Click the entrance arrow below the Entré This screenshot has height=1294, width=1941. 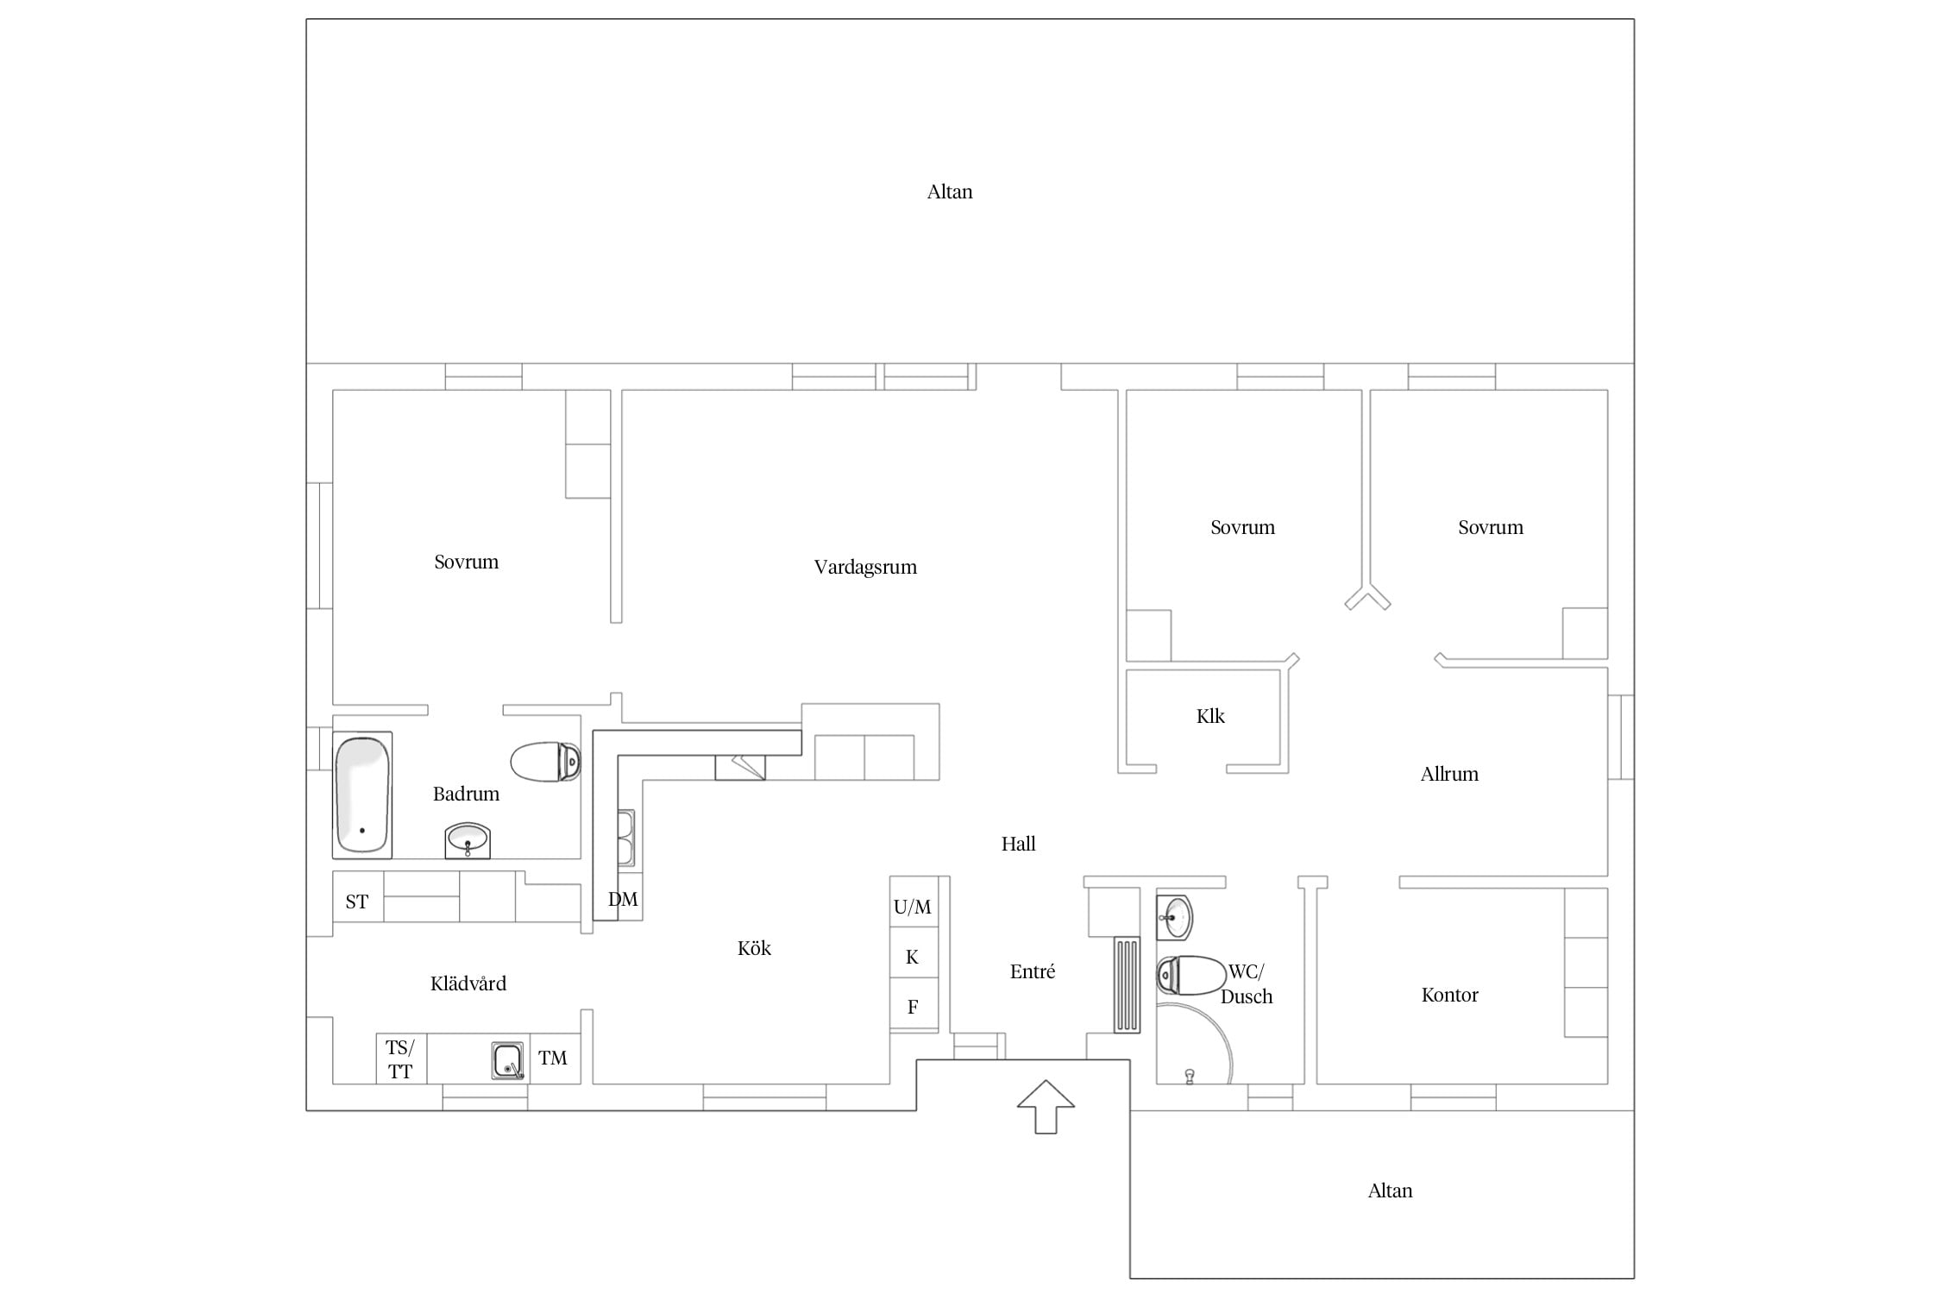(1046, 1106)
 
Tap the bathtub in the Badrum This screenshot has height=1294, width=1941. (362, 795)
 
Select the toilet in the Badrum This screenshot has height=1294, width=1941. (545, 762)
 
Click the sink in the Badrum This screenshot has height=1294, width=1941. (468, 840)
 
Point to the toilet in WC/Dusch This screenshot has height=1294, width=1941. (1190, 975)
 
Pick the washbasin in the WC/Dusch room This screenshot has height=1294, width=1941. (1175, 917)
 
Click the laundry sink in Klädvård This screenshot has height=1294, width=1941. (507, 1060)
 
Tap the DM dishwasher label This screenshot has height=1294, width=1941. (623, 900)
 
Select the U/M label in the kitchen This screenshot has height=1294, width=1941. (913, 907)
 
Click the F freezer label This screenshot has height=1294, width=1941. (913, 1007)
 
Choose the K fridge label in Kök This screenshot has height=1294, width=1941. (912, 957)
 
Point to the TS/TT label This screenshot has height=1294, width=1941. (400, 1059)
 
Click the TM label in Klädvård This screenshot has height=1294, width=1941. (553, 1058)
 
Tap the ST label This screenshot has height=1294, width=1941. (357, 902)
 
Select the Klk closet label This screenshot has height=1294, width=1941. (1210, 716)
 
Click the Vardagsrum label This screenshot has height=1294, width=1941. (865, 568)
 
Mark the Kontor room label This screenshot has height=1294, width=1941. (1449, 995)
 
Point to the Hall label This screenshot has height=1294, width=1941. (1018, 844)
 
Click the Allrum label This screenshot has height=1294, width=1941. (1449, 774)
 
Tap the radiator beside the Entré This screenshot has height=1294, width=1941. (1127, 984)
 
